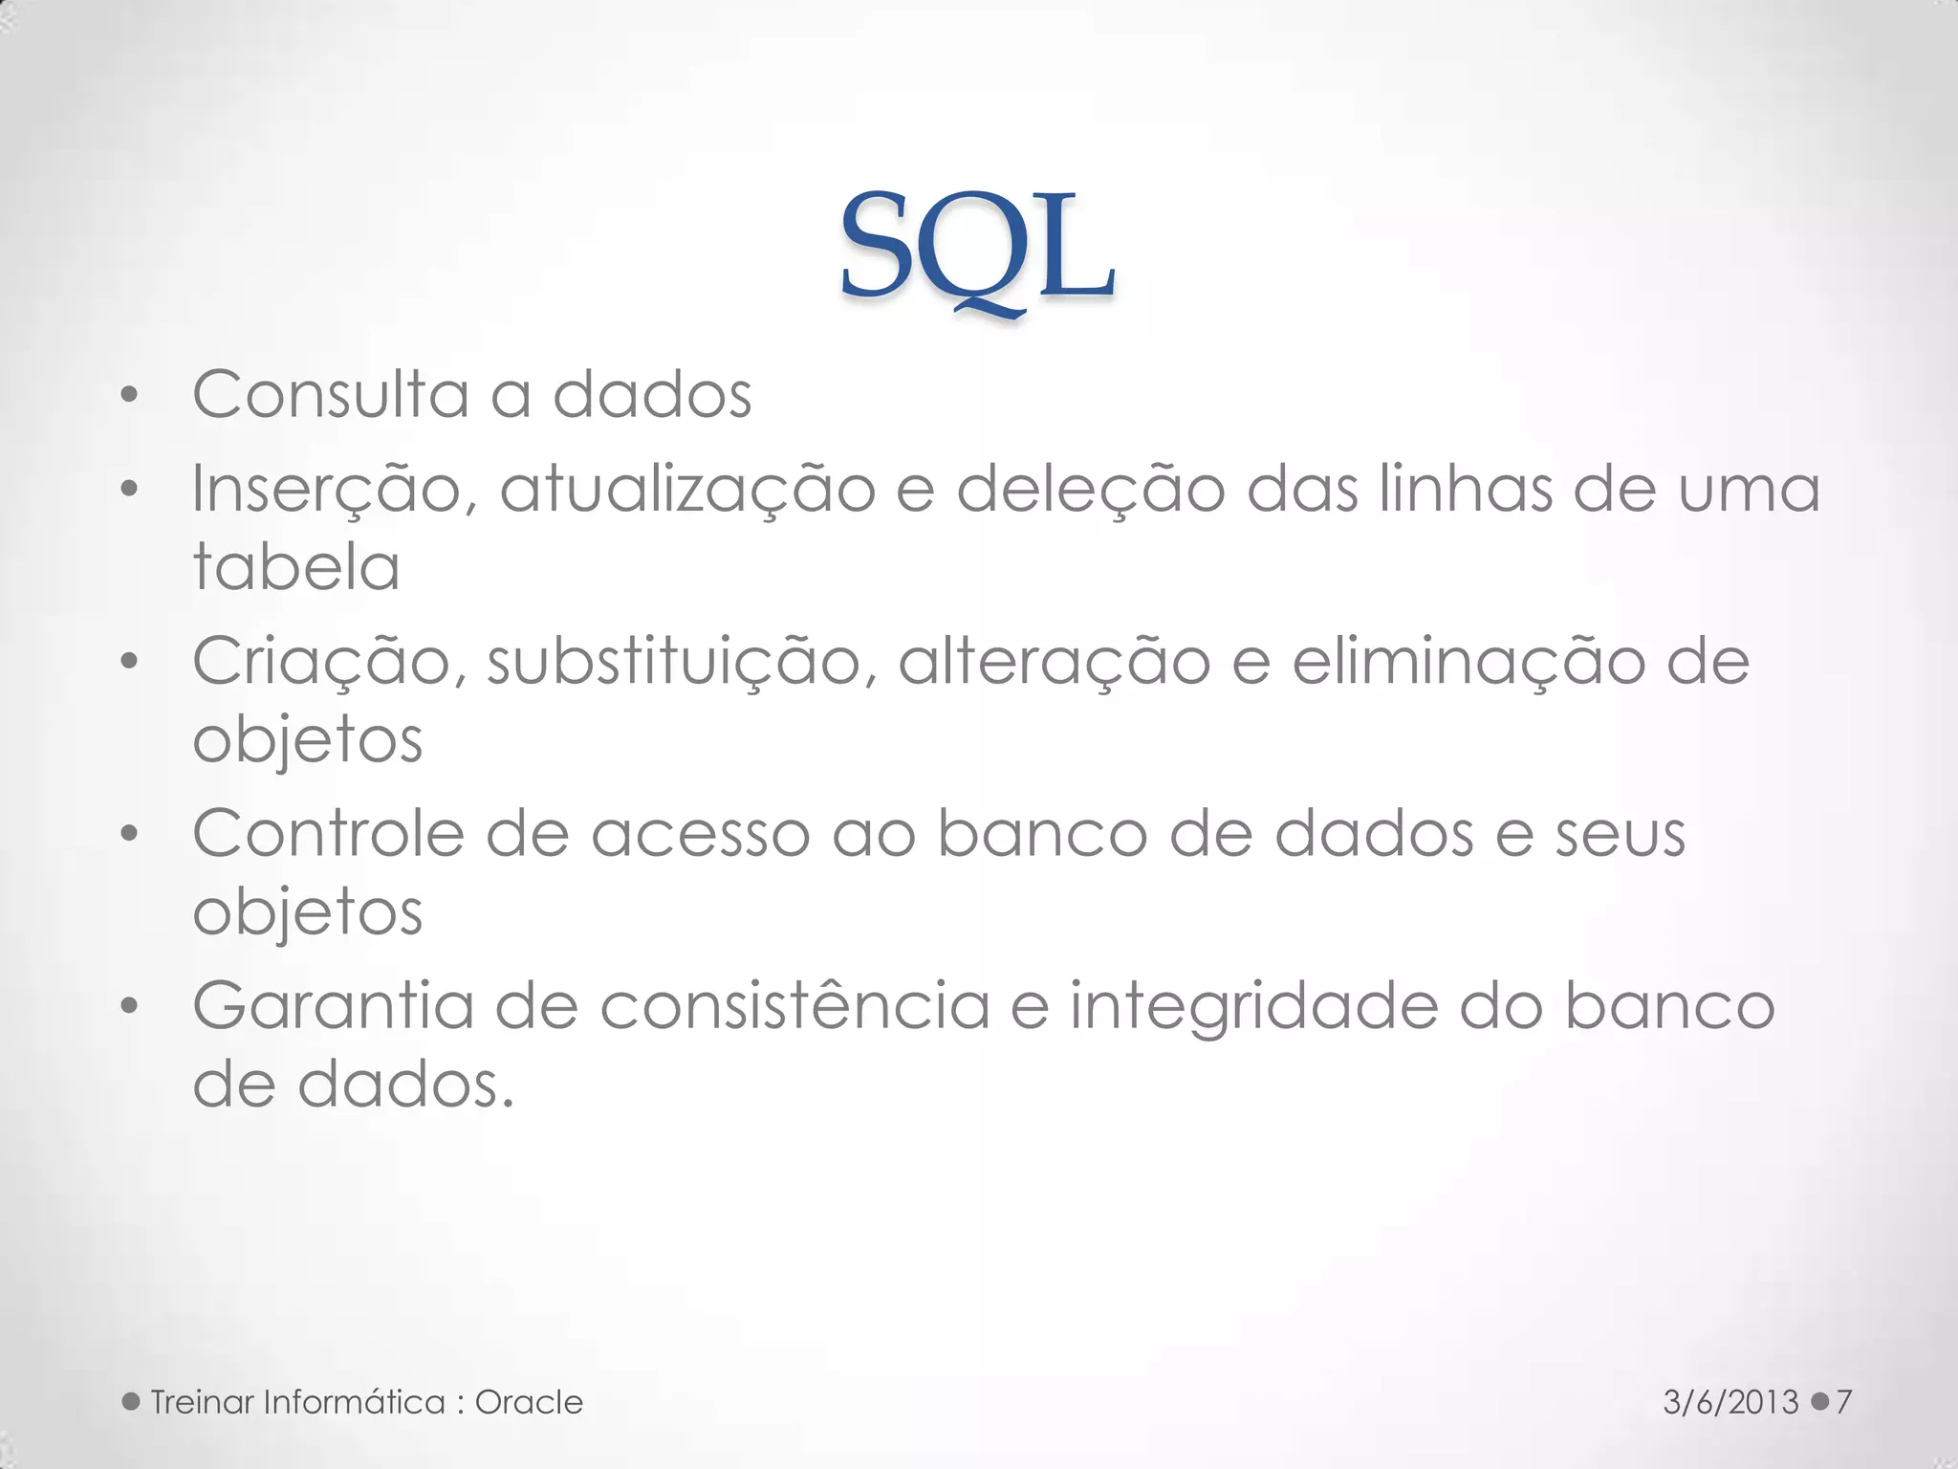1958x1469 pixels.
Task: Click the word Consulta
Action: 331,394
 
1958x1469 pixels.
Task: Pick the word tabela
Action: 296,566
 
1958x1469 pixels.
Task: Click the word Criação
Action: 321,662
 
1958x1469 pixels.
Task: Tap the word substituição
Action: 681,662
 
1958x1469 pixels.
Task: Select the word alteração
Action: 1054,662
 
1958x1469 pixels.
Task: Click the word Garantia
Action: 333,1006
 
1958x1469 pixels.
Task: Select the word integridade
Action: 1252,1008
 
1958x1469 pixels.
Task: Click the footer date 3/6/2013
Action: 1730,1402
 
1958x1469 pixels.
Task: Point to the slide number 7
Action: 1844,1402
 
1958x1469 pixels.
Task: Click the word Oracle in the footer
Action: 529,1402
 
